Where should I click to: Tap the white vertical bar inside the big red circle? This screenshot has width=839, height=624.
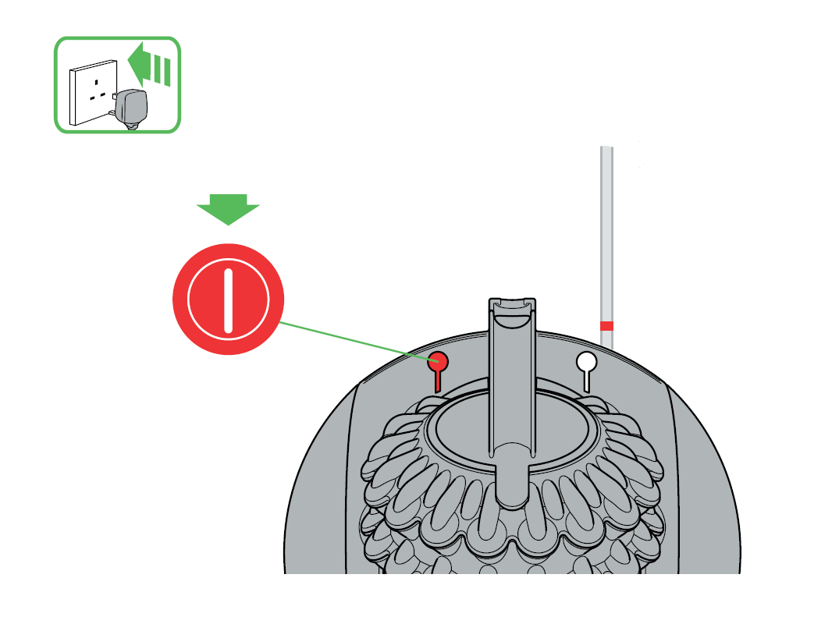click(x=228, y=300)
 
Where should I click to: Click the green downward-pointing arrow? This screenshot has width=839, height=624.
click(x=227, y=209)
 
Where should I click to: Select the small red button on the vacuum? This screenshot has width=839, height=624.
click(x=439, y=361)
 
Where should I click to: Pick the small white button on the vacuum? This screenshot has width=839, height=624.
click(x=586, y=361)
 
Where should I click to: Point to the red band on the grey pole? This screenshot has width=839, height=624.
click(x=606, y=325)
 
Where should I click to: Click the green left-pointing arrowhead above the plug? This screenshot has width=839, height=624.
click(x=140, y=65)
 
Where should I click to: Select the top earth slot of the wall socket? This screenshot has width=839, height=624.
click(x=97, y=81)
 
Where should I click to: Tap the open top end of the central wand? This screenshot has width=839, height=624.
click(x=512, y=305)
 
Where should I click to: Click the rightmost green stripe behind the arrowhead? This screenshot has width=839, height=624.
click(x=167, y=72)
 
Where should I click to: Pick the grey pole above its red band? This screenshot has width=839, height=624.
click(x=606, y=234)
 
